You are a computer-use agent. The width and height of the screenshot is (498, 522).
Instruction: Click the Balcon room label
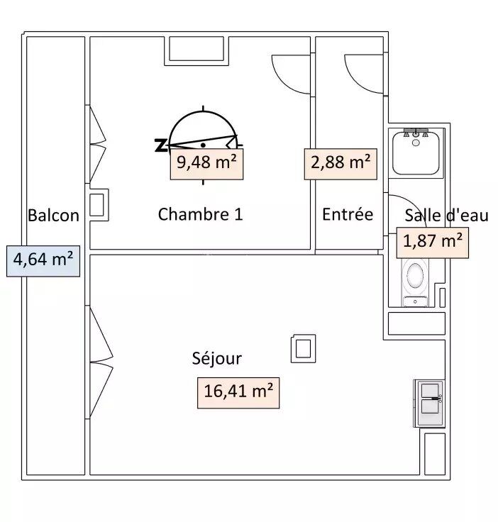coord(53,216)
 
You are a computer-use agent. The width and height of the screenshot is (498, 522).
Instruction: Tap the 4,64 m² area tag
coord(43,261)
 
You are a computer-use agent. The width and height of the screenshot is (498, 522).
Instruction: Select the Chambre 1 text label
coord(200,214)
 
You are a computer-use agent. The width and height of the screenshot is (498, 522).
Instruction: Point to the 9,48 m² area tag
coord(206,164)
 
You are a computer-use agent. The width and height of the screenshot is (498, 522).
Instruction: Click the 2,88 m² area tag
coord(341,164)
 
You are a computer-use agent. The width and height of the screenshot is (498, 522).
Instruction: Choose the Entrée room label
coord(348,214)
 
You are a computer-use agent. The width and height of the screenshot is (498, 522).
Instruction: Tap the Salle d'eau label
coord(446,216)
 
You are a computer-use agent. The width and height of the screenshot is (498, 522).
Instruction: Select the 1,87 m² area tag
coord(433,243)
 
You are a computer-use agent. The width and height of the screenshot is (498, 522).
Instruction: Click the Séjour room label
coord(216,359)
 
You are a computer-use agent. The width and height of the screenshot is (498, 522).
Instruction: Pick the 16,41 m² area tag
coord(238,393)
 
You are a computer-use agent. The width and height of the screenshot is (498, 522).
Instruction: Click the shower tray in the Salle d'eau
coord(416,152)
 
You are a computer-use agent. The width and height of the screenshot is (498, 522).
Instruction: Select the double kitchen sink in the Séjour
coord(429,403)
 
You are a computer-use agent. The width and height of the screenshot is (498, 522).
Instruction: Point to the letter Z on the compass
coord(161,146)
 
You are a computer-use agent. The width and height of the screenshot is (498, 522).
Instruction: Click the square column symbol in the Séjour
coord(303,348)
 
